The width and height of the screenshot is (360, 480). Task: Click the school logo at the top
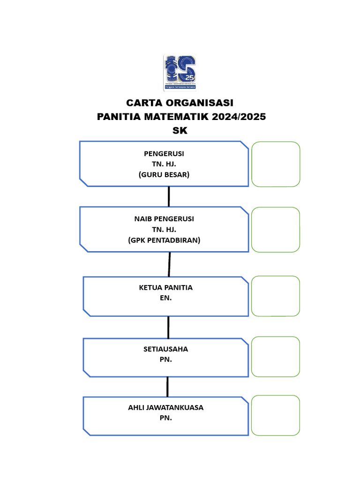tap(180, 72)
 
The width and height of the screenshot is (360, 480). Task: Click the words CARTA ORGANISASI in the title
tap(180, 103)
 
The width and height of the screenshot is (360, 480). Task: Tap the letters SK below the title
tap(180, 131)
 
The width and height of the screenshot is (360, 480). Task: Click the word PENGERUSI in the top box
tap(164, 154)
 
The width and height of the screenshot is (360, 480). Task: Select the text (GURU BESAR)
tap(164, 174)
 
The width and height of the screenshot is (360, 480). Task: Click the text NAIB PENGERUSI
tap(164, 219)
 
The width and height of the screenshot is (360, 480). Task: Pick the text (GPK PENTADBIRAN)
tap(164, 240)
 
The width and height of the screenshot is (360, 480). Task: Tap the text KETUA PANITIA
tap(166, 287)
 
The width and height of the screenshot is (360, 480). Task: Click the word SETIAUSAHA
tap(166, 349)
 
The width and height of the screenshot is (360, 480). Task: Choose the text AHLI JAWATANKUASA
tap(166, 407)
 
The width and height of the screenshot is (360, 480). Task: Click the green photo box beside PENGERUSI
tap(276, 164)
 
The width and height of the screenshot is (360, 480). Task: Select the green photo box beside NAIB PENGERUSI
tap(276, 230)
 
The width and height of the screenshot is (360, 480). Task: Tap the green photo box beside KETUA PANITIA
tap(276, 296)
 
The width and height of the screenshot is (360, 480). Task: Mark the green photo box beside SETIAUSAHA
tap(276, 357)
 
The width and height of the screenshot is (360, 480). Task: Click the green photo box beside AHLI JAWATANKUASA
tap(276, 415)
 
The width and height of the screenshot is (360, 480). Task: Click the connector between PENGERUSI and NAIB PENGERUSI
tap(169, 196)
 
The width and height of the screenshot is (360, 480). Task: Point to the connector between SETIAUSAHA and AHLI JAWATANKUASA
tap(167, 387)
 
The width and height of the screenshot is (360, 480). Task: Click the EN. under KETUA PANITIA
tap(166, 298)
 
